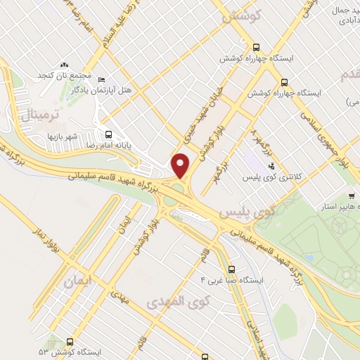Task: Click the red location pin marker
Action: [x=181, y=167]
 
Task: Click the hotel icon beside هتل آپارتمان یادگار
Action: [x=102, y=79]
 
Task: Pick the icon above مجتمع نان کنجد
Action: [x=65, y=65]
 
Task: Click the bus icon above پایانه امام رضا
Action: [x=108, y=133]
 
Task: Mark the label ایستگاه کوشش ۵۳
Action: [x=70, y=351]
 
